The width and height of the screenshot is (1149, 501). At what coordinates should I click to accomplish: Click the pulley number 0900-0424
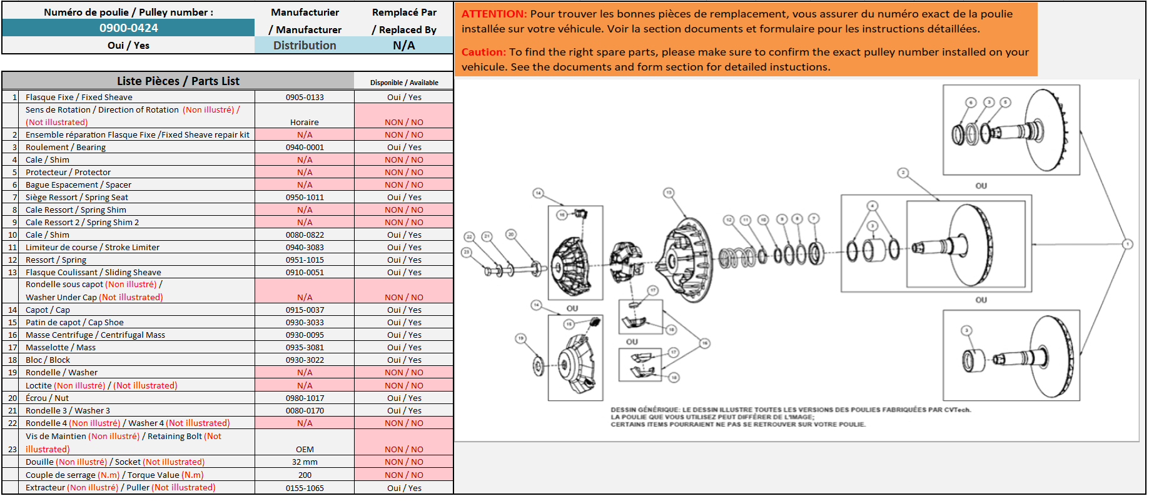(x=128, y=28)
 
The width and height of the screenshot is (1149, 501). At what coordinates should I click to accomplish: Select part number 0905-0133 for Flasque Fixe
(x=305, y=98)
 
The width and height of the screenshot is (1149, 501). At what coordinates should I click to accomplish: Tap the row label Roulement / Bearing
(x=66, y=148)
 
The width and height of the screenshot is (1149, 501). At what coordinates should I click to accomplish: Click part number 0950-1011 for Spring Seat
(x=305, y=198)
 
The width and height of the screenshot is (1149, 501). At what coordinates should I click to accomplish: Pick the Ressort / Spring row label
(x=56, y=260)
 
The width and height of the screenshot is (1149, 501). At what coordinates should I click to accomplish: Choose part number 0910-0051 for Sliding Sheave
(x=305, y=273)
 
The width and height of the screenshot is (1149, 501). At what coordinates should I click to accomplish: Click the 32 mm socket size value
(x=305, y=462)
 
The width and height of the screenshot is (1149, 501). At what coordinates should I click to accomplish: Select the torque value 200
(x=305, y=475)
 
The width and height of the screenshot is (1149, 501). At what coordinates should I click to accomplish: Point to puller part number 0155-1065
(x=305, y=488)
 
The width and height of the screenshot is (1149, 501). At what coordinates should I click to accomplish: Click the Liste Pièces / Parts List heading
(x=178, y=81)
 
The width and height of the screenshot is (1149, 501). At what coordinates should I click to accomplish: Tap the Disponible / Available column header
(x=404, y=83)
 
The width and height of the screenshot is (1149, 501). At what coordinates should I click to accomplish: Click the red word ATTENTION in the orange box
(x=494, y=14)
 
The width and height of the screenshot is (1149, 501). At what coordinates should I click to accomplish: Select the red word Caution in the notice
(x=483, y=52)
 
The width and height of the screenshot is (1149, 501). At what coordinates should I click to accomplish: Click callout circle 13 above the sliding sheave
(x=669, y=193)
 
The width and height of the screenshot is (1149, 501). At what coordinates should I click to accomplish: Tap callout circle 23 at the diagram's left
(x=466, y=252)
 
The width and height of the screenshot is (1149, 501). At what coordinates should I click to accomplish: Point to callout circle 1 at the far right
(x=1127, y=244)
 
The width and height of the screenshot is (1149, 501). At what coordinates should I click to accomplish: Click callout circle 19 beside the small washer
(x=520, y=338)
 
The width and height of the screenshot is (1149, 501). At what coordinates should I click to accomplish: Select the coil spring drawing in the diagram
(x=738, y=256)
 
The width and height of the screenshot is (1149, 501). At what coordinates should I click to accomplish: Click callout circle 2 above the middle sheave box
(x=903, y=173)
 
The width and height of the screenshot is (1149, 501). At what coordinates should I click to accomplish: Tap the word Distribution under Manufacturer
(x=305, y=46)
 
